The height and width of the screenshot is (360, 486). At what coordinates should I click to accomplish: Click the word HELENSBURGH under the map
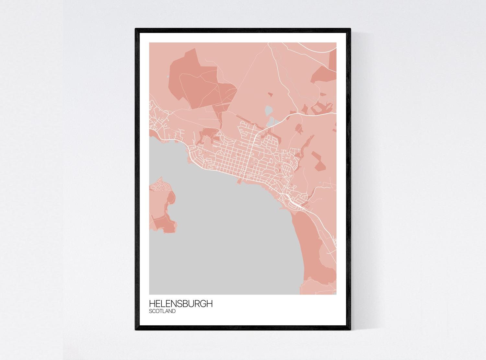point(181,304)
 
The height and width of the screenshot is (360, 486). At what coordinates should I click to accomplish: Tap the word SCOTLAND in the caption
point(162,311)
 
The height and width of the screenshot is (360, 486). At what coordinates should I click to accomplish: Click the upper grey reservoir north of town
point(269,111)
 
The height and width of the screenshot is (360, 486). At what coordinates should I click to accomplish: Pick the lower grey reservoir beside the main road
point(270,122)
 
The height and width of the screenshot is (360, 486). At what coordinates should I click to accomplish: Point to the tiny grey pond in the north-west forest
point(167,76)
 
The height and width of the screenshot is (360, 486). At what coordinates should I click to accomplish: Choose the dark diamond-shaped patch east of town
point(318,160)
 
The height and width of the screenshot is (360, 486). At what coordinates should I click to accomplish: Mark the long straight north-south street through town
point(250,152)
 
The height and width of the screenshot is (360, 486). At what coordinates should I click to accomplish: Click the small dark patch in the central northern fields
point(270,95)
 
